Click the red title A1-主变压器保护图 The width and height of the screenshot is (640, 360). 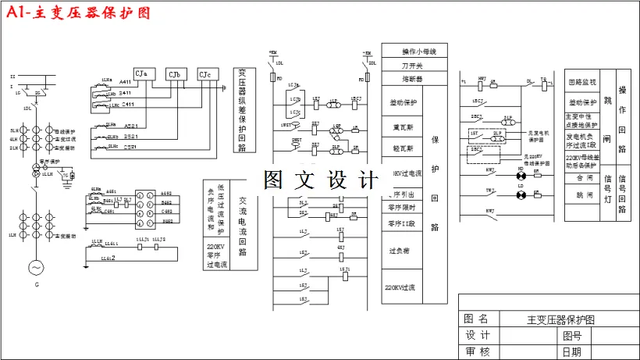(77, 13)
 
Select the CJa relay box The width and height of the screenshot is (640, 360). (141, 73)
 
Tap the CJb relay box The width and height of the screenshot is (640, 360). (174, 74)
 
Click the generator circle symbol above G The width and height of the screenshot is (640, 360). (35, 268)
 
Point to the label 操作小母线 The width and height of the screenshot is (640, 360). (414, 51)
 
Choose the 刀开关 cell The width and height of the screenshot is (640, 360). (414, 65)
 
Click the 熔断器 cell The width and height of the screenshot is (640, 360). (414, 79)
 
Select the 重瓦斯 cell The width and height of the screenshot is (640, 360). (404, 126)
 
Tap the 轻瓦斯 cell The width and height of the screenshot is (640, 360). (404, 148)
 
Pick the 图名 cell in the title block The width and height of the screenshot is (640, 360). (476, 319)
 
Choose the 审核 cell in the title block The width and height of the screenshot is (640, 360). (476, 351)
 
